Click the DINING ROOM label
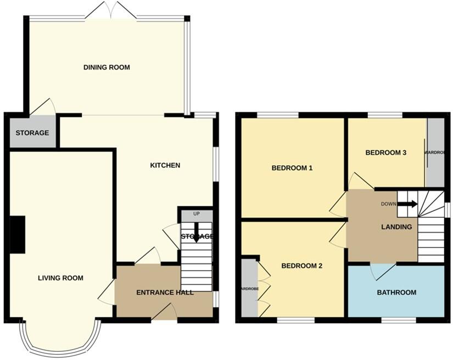pos(107,67)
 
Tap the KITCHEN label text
pos(165,165)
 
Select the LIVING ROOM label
pos(60,278)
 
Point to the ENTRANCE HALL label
pos(165,292)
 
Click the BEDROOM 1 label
pos(292,168)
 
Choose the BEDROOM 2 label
pos(301,266)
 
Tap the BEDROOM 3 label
pos(386,153)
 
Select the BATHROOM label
pos(396,292)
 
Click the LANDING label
pos(396,227)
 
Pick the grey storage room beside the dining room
pos(32,133)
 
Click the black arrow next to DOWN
pos(407,205)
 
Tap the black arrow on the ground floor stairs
pos(196,231)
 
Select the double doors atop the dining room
pos(111,11)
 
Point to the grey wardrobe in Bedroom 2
pos(249,288)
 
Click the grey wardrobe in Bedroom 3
pos(435,153)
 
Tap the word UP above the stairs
pos(196,214)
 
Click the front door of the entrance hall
pos(164,313)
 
